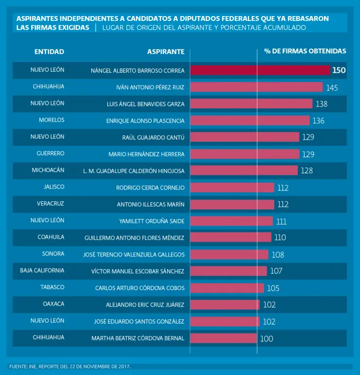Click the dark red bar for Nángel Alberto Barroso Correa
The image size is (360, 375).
tap(260, 70)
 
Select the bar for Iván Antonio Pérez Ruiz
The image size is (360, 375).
tap(256, 87)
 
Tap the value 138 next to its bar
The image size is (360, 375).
tap(321, 104)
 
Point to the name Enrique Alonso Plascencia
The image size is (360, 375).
tap(145, 121)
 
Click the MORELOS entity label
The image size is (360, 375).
tap(52, 120)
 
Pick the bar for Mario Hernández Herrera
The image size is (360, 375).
tap(244, 154)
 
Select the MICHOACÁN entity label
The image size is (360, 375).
tap(48, 170)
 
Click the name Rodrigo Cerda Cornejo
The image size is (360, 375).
tap(150, 187)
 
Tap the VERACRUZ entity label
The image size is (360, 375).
tap(50, 204)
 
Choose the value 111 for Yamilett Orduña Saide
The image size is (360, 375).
tap(281, 222)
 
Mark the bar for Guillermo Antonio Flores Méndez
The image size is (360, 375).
tap(230, 237)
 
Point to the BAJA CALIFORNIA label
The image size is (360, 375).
tap(42, 271)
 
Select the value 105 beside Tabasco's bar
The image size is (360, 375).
tap(273, 288)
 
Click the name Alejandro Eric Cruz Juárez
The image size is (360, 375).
tap(145, 305)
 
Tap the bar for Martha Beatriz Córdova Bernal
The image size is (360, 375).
tap(223, 338)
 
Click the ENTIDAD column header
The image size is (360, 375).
tap(49, 51)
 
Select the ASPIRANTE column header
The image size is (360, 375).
tap(166, 51)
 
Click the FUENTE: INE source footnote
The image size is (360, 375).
tap(70, 366)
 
